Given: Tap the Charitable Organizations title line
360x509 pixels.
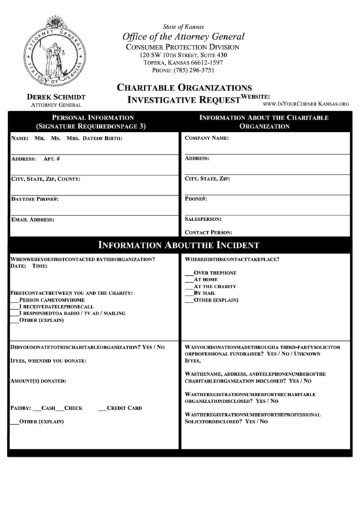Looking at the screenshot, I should [x=185, y=88].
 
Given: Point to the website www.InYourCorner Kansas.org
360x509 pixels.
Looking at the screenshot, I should [x=305, y=104].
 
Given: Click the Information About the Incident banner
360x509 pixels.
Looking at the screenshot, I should [x=179, y=245].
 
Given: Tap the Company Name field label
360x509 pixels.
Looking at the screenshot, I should [x=206, y=137].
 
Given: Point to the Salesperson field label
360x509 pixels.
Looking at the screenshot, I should [x=203, y=220].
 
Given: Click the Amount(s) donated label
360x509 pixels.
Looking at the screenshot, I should [x=38, y=381].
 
